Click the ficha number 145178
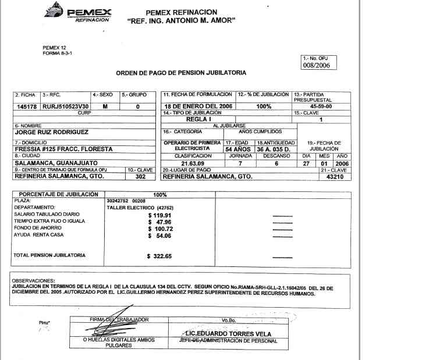pos(26,107)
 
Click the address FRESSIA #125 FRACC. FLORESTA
pos(63,149)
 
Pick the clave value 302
pos(140,176)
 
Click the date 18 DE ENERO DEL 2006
pos(198,107)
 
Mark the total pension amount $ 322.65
pos(160,256)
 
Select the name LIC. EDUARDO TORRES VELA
pos(220,333)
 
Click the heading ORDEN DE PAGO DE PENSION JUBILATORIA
pos(181,73)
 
